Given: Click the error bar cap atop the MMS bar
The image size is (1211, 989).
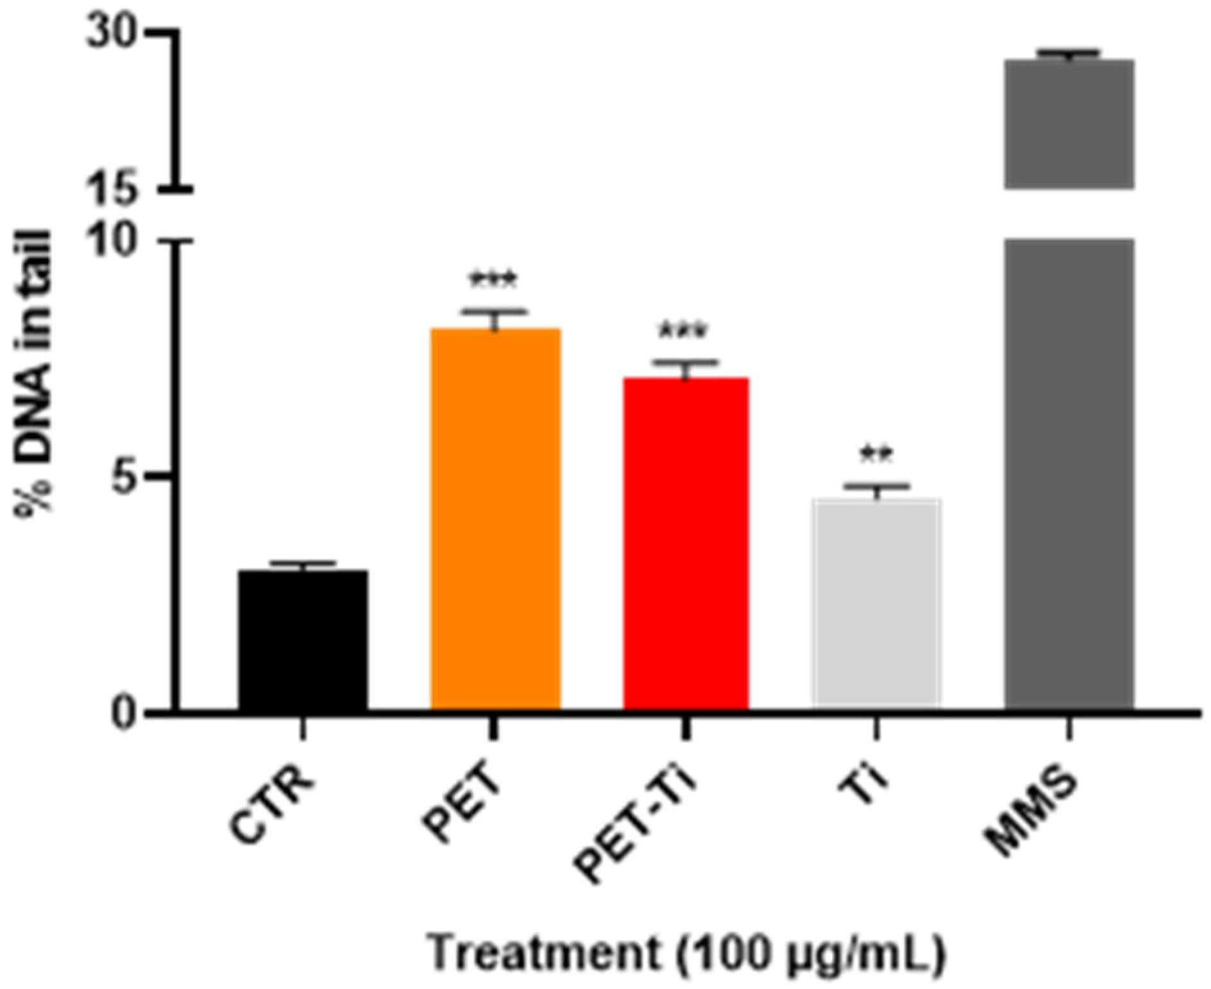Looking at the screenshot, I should coord(1068,52).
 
